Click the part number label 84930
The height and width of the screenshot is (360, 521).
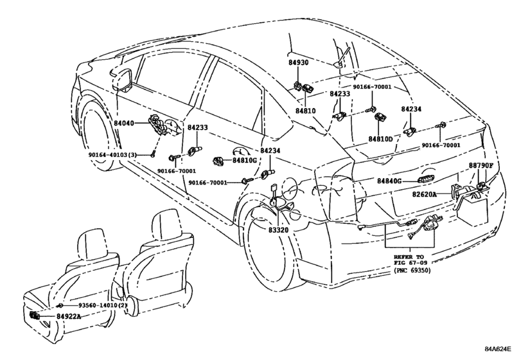(298, 62)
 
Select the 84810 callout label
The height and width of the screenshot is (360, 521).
(305, 111)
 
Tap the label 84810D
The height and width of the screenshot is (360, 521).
(380, 139)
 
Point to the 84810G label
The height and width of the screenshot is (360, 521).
(245, 160)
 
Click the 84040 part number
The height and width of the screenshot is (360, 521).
(124, 123)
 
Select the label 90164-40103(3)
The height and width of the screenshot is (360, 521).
(112, 155)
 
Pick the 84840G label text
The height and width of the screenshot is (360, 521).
(389, 181)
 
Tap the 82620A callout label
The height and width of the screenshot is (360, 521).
(425, 194)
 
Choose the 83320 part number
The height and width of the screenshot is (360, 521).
(278, 230)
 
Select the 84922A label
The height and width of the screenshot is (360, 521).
(69, 316)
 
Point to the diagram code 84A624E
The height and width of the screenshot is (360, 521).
(497, 349)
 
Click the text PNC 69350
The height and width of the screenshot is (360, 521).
(412, 271)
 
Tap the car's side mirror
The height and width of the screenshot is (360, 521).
(122, 79)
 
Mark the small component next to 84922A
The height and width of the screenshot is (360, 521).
(35, 315)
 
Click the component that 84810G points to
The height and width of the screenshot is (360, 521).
(218, 161)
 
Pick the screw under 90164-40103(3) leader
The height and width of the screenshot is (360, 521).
(152, 154)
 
